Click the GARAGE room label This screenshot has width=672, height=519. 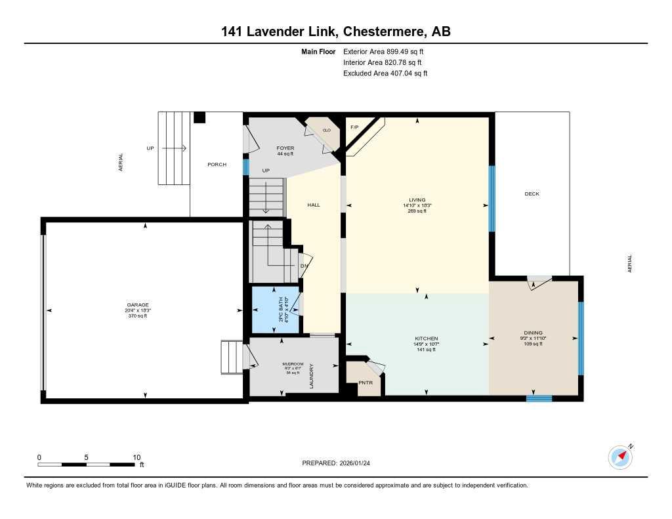click(138, 304)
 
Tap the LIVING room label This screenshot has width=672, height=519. click(417, 200)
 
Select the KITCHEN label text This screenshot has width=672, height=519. click(426, 339)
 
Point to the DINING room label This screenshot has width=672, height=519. click(533, 333)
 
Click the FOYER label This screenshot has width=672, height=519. click(285, 148)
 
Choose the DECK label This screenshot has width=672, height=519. click(532, 194)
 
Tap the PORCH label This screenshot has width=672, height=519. click(217, 164)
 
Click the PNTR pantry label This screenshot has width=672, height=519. click(366, 383)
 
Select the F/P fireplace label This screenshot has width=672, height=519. click(354, 127)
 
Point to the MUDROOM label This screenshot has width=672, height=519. click(293, 363)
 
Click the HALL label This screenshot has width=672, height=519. click(314, 205)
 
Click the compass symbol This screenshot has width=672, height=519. click(620, 457)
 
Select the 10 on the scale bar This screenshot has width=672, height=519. click(136, 457)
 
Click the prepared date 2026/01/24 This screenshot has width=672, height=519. click(360, 463)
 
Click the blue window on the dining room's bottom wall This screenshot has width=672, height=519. click(539, 398)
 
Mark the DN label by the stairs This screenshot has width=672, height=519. click(304, 266)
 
